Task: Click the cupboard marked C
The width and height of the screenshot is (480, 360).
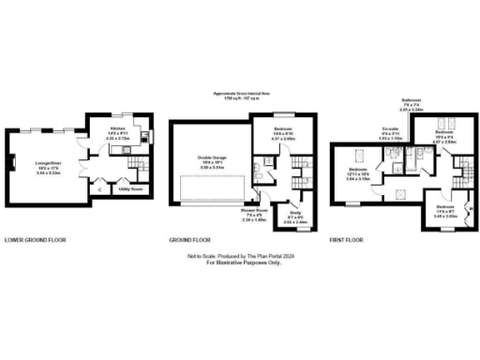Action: [x=99, y=188]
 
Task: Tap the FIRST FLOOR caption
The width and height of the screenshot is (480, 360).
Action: [x=347, y=241]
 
